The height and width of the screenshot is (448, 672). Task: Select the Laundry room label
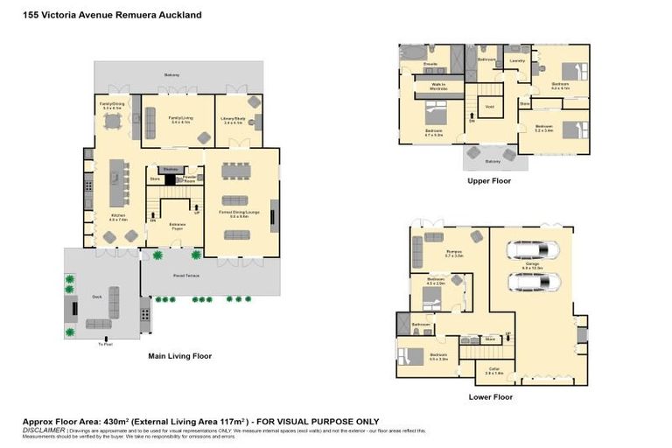tap(517, 61)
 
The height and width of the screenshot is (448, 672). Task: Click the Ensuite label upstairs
tap(406, 64)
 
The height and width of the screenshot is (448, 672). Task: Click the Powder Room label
tap(190, 179)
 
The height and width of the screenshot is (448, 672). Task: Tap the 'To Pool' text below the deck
tap(105, 343)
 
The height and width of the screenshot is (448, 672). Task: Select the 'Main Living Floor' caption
tap(179, 356)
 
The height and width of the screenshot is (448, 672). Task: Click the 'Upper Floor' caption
tap(489, 181)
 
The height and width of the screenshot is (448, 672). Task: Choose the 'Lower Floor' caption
tap(490, 396)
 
